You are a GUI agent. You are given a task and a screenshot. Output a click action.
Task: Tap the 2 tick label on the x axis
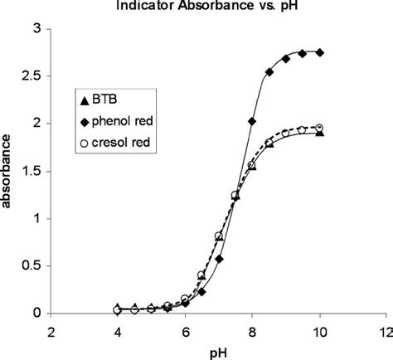51,331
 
